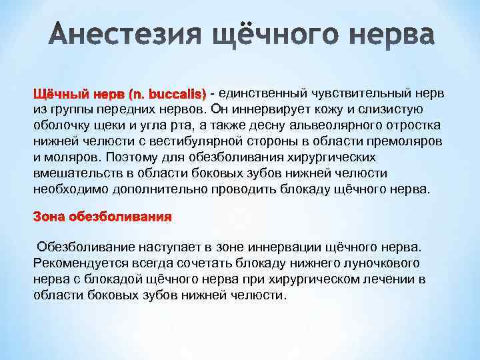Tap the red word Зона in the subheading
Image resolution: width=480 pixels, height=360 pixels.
(51, 217)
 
